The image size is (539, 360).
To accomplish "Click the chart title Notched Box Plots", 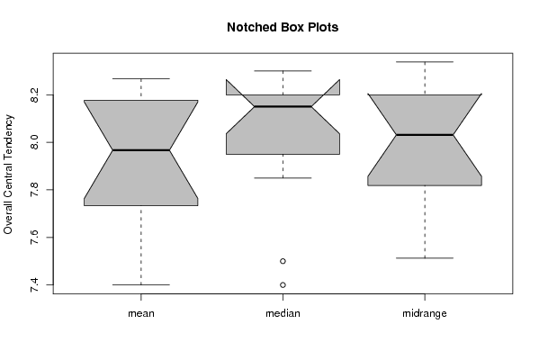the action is [x=283, y=27].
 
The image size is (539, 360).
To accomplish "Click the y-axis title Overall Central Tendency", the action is [x=8, y=175].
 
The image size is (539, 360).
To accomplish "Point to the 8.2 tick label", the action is [x=34, y=94].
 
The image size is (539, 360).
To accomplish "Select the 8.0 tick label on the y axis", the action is [x=34, y=142].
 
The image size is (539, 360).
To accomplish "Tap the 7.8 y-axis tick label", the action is [x=34, y=190].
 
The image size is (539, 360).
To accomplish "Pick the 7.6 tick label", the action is [x=34, y=238].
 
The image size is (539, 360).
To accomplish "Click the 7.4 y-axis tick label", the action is [x=34, y=284].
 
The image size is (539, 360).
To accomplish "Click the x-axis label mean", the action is [x=141, y=313].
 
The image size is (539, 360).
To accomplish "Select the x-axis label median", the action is [x=283, y=313].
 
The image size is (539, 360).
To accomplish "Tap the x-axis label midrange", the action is [x=425, y=313].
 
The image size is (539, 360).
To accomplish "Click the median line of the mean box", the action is [x=141, y=150].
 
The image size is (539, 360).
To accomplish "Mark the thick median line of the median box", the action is [x=283, y=106].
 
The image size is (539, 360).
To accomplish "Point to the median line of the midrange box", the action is [x=425, y=135].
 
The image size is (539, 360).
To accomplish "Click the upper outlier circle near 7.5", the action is [x=283, y=261].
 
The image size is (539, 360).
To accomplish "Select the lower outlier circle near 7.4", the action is [x=283, y=284].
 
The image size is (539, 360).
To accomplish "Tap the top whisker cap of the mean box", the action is [x=141, y=78].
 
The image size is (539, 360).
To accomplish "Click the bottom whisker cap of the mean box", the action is [x=141, y=284].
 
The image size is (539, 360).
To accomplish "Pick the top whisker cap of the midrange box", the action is [x=425, y=62].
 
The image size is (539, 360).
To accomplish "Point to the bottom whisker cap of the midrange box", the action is [x=425, y=258].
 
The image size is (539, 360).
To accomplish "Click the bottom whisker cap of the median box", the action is [x=283, y=178].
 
